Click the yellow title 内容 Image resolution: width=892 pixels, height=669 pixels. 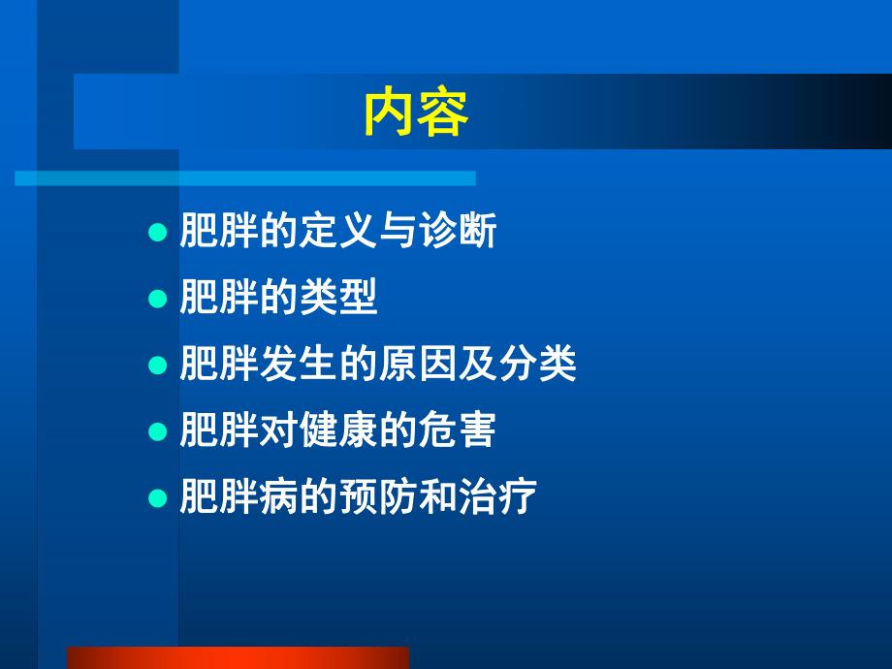(416, 113)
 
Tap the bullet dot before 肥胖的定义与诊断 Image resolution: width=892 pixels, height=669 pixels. (158, 234)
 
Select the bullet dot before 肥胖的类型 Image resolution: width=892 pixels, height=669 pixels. (158, 301)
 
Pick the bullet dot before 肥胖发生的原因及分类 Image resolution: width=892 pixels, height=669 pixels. (158, 366)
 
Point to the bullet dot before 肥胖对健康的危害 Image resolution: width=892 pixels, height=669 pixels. (158, 432)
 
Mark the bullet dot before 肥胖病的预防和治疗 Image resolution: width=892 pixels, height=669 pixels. (158, 498)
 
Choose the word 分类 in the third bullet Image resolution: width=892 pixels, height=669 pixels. (537, 366)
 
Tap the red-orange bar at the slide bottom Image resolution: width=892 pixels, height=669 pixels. (238, 657)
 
